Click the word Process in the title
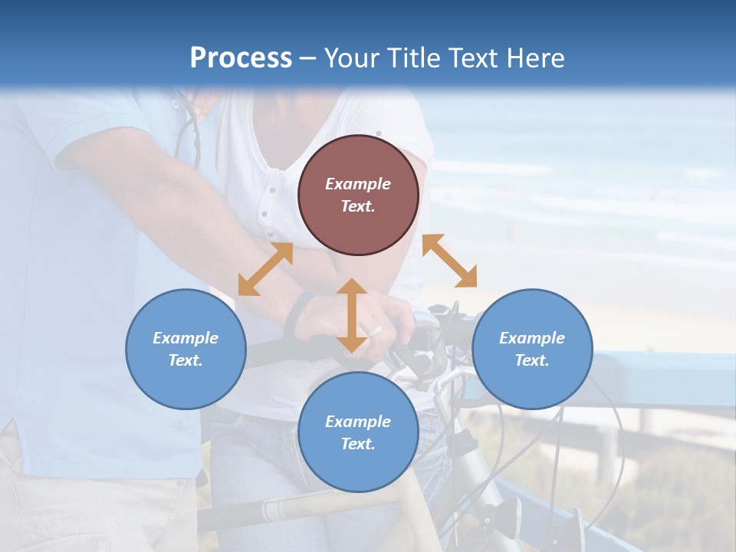click(x=241, y=58)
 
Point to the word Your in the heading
click(x=353, y=58)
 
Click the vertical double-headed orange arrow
click(x=352, y=315)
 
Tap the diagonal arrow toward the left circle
click(x=265, y=269)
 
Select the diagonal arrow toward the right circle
click(x=449, y=261)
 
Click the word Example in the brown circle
click(x=358, y=184)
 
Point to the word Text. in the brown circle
click(x=358, y=206)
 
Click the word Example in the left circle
click(x=186, y=338)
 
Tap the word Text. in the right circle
click(x=532, y=360)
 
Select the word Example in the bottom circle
click(x=358, y=422)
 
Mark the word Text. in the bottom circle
click(x=358, y=444)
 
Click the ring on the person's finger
click(x=376, y=330)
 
